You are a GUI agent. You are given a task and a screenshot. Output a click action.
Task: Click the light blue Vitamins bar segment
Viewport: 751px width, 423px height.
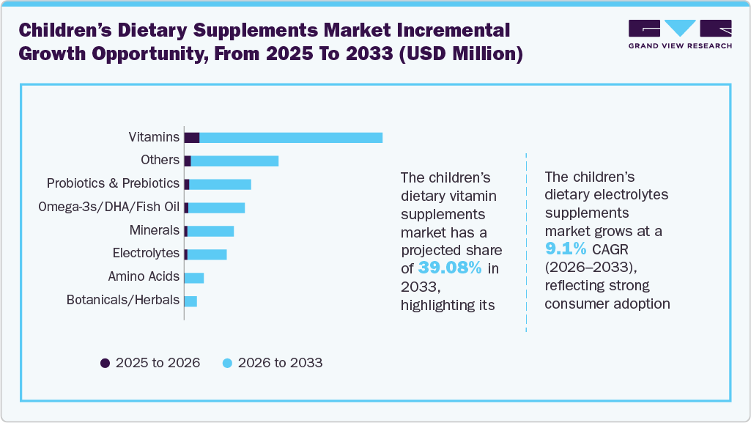[x=291, y=138]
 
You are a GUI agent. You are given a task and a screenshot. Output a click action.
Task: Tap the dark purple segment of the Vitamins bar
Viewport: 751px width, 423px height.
[x=192, y=138]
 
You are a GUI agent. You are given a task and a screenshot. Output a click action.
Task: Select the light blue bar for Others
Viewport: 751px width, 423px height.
[x=234, y=161]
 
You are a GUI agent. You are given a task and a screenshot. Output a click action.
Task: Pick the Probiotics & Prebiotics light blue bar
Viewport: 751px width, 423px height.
[x=220, y=184]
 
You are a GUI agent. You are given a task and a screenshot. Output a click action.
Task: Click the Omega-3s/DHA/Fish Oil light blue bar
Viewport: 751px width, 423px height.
[x=216, y=207]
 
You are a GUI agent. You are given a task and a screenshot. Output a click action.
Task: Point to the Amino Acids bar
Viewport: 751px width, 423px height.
[x=193, y=278]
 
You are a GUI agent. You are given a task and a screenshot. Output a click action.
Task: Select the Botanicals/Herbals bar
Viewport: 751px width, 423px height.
[x=190, y=301]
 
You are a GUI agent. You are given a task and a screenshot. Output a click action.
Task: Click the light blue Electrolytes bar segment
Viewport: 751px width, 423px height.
[x=207, y=254]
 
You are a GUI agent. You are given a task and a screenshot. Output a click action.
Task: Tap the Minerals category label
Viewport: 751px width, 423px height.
[x=154, y=230]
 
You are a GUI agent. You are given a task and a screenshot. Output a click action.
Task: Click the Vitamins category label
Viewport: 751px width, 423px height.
[x=154, y=137]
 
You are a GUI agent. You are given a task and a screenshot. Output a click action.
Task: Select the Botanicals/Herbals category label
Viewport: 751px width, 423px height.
[x=122, y=300]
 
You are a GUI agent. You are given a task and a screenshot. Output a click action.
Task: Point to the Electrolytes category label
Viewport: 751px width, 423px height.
[x=146, y=253]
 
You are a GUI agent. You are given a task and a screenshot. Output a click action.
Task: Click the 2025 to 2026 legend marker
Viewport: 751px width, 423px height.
[x=105, y=363]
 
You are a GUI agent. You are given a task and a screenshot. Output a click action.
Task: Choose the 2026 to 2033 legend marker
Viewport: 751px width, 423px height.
[x=227, y=363]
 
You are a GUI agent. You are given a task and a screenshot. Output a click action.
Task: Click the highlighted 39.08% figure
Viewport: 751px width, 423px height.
[x=449, y=268]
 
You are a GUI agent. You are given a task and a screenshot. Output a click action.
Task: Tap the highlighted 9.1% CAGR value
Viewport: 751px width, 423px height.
[x=565, y=249]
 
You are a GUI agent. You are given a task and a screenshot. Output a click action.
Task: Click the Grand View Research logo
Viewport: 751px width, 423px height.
[x=679, y=34]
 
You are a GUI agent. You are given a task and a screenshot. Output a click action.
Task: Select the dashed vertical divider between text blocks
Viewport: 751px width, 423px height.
[x=526, y=242]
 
